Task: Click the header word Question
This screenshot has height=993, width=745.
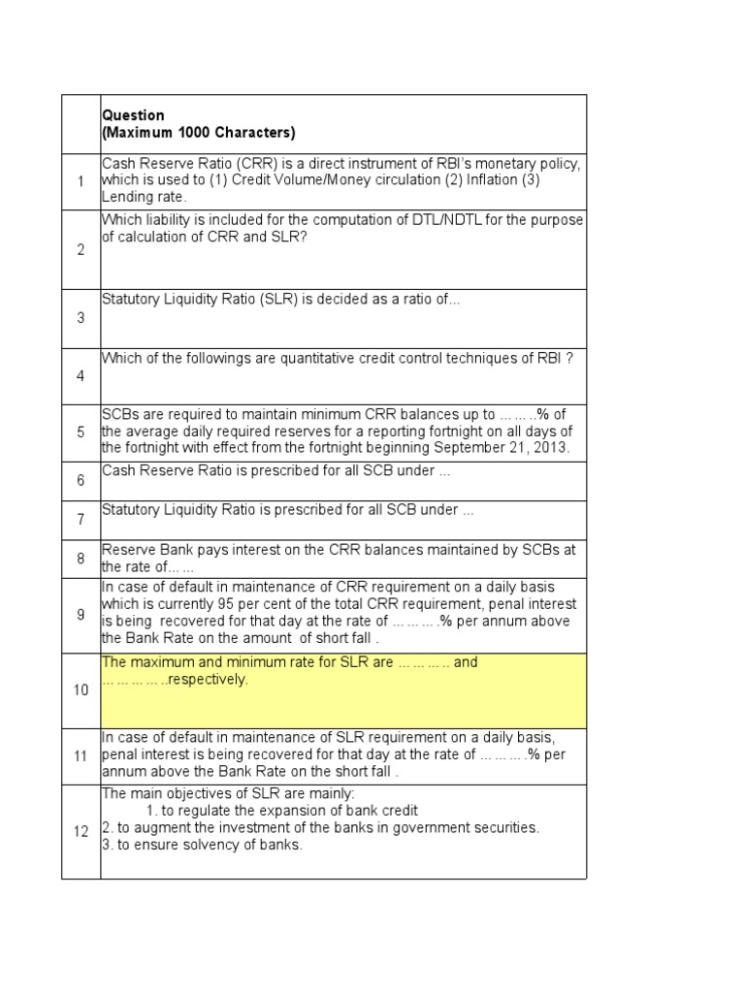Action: (133, 115)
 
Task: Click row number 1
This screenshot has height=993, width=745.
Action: (81, 181)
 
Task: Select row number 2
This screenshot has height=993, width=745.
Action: (81, 250)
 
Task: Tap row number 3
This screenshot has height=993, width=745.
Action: (81, 318)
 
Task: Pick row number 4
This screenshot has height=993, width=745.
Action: (81, 376)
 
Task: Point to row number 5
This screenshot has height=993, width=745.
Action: (81, 432)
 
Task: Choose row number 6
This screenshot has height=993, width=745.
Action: (81, 480)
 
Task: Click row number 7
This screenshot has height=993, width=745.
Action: (81, 520)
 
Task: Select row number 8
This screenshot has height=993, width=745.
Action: (81, 559)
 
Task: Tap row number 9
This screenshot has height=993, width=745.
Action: (81, 615)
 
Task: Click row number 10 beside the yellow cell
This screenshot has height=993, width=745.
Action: (81, 690)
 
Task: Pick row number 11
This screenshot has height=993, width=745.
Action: (81, 755)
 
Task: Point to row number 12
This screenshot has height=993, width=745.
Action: (81, 831)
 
